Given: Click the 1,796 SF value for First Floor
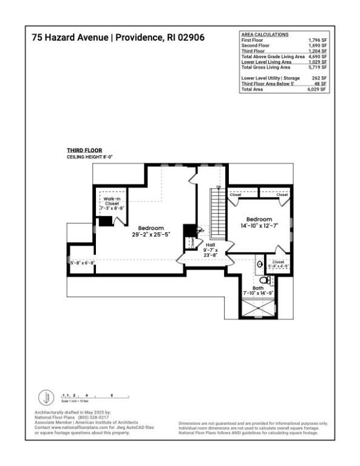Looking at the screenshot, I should point(318,39).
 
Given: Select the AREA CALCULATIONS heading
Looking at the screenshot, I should point(265,35).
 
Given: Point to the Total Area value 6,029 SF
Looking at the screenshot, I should point(317,89).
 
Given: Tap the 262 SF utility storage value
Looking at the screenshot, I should point(319,78).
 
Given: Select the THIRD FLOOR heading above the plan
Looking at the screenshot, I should point(84,150).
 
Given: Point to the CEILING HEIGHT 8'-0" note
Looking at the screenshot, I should point(90,157).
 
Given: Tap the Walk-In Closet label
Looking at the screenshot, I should point(112,201).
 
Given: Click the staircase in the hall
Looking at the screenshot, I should point(217,212).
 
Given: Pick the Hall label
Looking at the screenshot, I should point(209,244).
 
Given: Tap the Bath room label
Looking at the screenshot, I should point(258,288).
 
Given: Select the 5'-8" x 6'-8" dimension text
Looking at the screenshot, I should point(82,263).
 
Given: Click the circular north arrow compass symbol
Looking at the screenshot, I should point(46,398).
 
